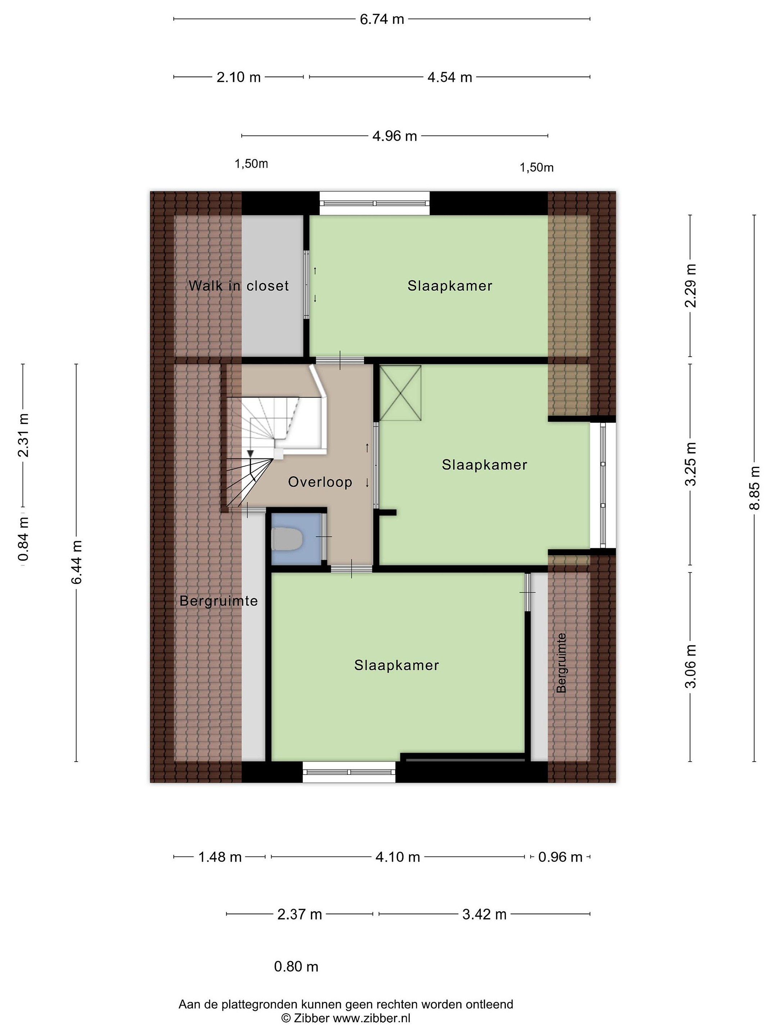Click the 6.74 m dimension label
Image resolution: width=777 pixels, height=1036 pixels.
(382, 19)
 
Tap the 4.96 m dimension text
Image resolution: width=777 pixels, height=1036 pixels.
(394, 136)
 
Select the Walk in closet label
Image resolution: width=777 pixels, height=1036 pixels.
(238, 286)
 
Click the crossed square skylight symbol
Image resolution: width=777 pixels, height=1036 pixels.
(400, 392)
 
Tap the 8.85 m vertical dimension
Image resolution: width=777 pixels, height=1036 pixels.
(754, 489)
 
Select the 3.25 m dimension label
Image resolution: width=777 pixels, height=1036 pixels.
(690, 464)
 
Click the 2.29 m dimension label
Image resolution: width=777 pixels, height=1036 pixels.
(690, 285)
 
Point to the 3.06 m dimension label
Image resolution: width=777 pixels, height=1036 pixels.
(690, 666)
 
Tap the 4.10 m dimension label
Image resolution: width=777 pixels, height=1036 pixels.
(397, 857)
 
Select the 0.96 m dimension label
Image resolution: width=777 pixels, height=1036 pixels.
(560, 857)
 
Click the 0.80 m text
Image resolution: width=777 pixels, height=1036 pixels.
(296, 967)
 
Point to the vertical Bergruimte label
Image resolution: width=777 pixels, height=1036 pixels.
(561, 662)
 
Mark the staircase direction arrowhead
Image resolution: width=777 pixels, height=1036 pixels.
(251, 453)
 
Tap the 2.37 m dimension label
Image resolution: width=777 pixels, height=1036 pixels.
(300, 914)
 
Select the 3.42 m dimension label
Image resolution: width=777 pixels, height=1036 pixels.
(484, 914)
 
